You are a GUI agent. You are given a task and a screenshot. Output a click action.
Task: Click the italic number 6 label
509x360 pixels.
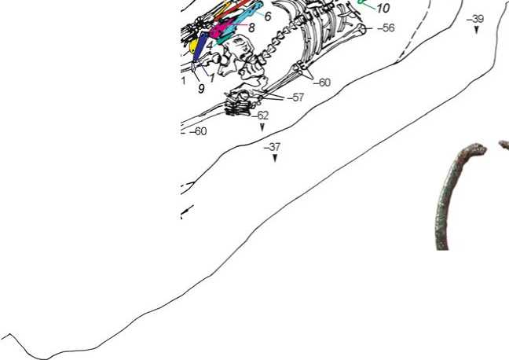(268, 17)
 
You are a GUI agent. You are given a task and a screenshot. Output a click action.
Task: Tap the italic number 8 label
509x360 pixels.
(251, 28)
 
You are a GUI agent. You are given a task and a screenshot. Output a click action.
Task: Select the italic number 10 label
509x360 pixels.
(383, 8)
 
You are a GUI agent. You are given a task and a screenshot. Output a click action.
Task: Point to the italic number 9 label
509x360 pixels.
(201, 88)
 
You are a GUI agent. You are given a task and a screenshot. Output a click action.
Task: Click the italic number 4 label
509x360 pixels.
(210, 45)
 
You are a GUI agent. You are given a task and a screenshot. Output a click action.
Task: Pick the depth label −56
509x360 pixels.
(386, 28)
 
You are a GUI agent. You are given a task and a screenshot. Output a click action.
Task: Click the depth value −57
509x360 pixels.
(295, 97)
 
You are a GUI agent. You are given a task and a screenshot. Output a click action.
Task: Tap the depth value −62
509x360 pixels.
(260, 116)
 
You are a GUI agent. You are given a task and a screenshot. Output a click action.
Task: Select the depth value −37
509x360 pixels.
(272, 147)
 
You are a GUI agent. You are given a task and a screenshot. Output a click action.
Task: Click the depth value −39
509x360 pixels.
(475, 19)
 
